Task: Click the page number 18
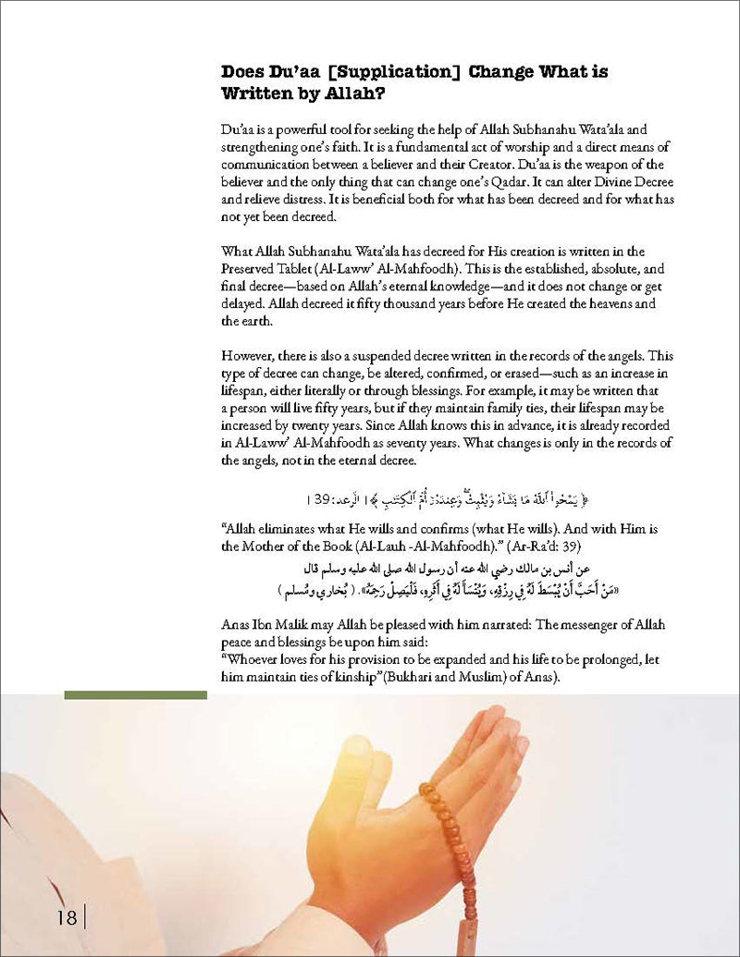click(x=65, y=915)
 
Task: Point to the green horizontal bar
click(x=136, y=694)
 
